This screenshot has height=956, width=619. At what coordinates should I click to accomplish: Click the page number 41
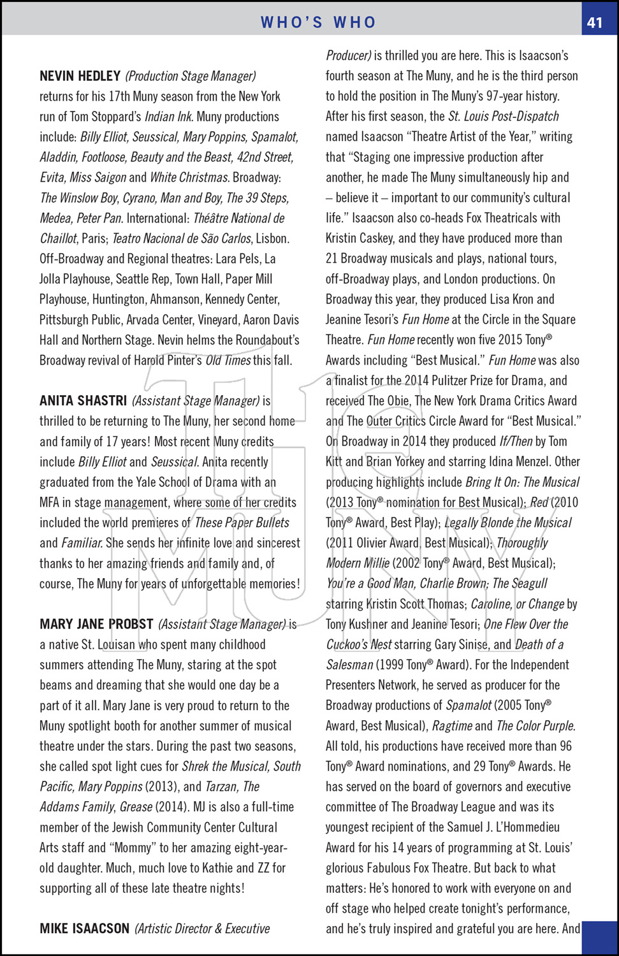pyautogui.click(x=594, y=22)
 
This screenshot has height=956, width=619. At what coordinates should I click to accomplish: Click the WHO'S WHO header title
pyautogui.click(x=318, y=22)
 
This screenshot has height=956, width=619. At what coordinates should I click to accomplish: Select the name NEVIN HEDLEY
pyautogui.click(x=80, y=76)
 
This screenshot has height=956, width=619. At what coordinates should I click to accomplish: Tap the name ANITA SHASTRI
pyautogui.click(x=83, y=401)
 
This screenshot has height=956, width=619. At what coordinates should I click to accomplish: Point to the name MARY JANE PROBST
pyautogui.click(x=96, y=624)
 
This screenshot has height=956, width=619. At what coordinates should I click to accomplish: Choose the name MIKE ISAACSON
pyautogui.click(x=84, y=929)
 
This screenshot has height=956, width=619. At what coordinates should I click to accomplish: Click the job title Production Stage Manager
pyautogui.click(x=191, y=76)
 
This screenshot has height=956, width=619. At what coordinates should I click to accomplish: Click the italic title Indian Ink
pyautogui.click(x=168, y=117)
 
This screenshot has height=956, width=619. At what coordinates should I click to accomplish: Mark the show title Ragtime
pyautogui.click(x=452, y=726)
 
